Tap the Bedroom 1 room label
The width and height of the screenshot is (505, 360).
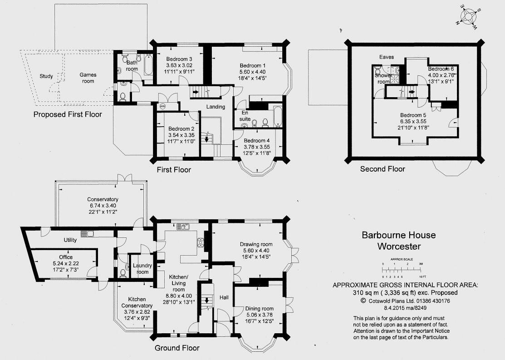pyautogui.click(x=253, y=66)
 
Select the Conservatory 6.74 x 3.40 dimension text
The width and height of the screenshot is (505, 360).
pyautogui.click(x=103, y=205)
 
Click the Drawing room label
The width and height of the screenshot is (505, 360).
pyautogui.click(x=256, y=244)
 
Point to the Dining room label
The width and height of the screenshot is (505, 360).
pyautogui.click(x=259, y=308)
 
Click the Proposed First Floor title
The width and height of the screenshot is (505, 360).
pyautogui.click(x=68, y=114)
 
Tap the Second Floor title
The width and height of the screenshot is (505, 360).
pyautogui.click(x=382, y=169)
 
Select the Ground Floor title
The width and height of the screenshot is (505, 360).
pyautogui.click(x=177, y=348)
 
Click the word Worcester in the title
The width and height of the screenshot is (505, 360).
pyautogui.click(x=399, y=247)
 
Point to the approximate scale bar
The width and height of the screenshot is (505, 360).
pyautogui.click(x=402, y=268)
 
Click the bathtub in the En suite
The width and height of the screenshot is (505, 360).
pyautogui.click(x=277, y=116)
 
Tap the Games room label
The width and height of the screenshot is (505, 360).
pyautogui.click(x=88, y=78)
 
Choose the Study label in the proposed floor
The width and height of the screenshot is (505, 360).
pyautogui.click(x=46, y=76)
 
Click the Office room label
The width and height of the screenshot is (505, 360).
pyautogui.click(x=66, y=257)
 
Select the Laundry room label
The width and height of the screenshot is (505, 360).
pyautogui.click(x=142, y=269)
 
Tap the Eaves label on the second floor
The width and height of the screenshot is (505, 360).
pyautogui.click(x=387, y=57)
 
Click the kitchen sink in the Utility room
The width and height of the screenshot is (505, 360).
pyautogui.click(x=87, y=234)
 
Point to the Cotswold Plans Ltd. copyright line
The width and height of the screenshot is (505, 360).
pyautogui.click(x=405, y=301)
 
